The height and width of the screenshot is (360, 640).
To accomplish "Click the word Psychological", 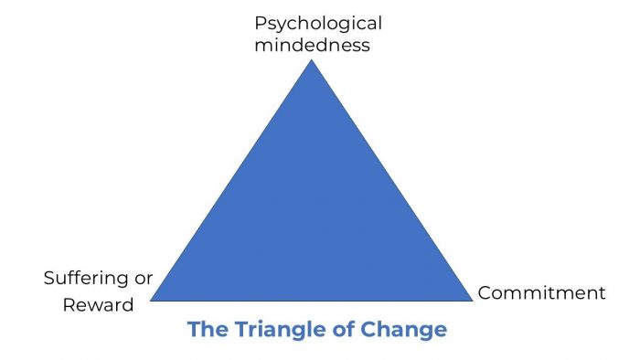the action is coord(317,23).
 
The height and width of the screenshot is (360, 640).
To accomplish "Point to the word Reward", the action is coord(98,304).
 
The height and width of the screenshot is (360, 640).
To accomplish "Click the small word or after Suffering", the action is coord(144,279).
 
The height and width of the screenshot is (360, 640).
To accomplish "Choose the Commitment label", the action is coord(541,293).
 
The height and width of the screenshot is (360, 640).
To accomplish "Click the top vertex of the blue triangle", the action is coord(312,60).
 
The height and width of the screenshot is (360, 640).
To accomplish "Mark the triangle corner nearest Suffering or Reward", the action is coord(152,300).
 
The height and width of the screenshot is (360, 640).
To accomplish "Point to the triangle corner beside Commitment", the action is coord(472,300).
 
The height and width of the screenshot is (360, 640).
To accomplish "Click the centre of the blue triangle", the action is coord(312,219).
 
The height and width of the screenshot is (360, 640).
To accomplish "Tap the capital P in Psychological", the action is coord(259,22).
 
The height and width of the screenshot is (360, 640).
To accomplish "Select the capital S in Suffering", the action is coord(48,279).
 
